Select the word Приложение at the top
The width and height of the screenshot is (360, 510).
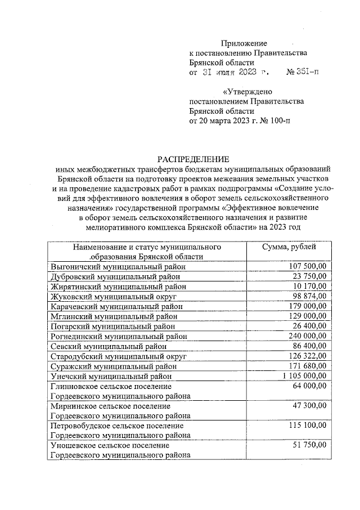pos(244,43)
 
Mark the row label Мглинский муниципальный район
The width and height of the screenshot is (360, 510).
pos(114,316)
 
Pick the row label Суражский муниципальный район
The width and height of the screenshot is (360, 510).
pos(115,366)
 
